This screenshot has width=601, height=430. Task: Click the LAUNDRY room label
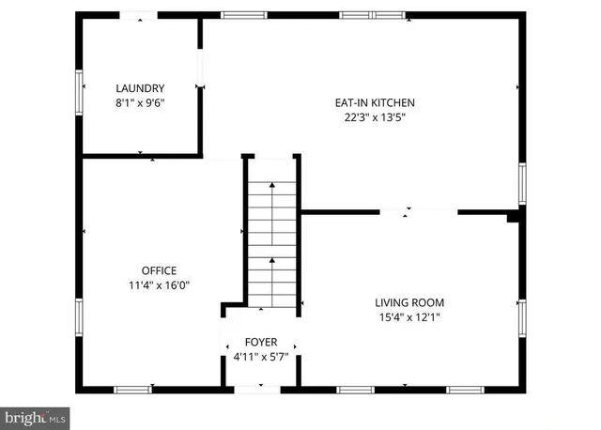pyautogui.click(x=140, y=88)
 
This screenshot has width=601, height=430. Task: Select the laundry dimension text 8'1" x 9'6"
pyautogui.click(x=140, y=104)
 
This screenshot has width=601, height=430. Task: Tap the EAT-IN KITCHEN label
pyautogui.click(x=375, y=102)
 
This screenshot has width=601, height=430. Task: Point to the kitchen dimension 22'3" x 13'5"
pyautogui.click(x=375, y=117)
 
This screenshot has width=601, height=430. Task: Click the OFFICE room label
pyautogui.click(x=159, y=270)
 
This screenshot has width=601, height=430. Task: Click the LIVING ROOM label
pyautogui.click(x=409, y=302)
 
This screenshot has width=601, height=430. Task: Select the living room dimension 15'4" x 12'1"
pyautogui.click(x=409, y=317)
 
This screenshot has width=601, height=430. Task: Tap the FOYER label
pyautogui.click(x=260, y=342)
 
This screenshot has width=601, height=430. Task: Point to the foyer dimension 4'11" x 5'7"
pyautogui.click(x=260, y=357)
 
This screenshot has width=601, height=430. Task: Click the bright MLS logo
pyautogui.click(x=36, y=415)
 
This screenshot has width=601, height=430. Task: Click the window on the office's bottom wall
pyautogui.click(x=134, y=389)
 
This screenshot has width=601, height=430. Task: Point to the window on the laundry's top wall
pyautogui.click(x=139, y=15)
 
